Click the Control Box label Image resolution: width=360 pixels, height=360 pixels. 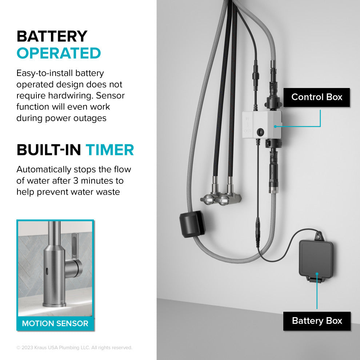tap(317, 97)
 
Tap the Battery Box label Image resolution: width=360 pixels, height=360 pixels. tap(317, 321)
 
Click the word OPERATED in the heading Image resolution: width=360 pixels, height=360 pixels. tap(59, 53)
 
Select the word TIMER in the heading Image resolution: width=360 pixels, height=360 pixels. tap(110, 150)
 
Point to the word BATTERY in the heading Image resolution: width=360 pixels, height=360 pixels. tap(52, 36)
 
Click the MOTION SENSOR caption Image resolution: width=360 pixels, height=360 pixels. tap(55, 323)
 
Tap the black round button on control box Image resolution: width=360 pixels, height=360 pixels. tap(260, 132)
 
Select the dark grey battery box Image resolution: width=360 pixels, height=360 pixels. tap(315, 259)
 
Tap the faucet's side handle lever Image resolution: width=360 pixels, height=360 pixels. tap(76, 251)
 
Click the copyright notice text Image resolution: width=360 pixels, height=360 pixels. tap(74, 348)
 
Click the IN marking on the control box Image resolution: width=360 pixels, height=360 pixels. tap(247, 119)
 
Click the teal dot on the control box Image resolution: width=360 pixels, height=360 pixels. tap(275, 127)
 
